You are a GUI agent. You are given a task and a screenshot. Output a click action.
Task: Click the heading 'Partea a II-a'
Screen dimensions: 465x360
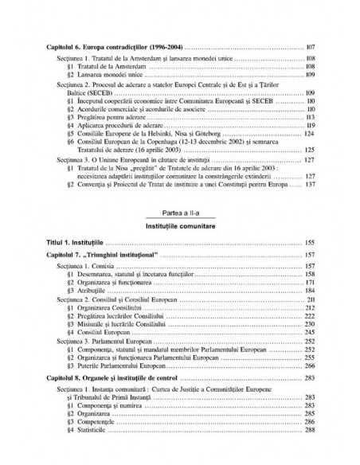(180, 213)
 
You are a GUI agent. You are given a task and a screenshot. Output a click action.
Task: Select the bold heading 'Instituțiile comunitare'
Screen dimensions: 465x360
(180, 225)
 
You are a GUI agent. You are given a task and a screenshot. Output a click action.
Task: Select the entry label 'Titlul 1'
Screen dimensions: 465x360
(58, 240)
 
